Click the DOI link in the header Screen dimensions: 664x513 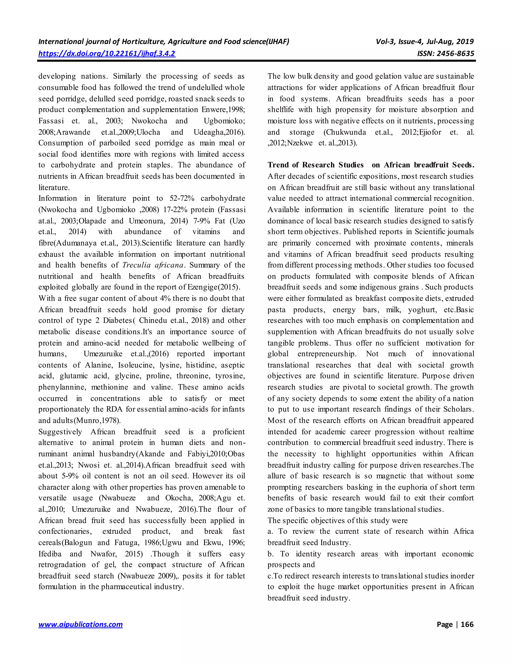click(x=107, y=54)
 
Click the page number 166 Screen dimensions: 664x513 click(x=467, y=624)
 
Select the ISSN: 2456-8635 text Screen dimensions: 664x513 click(x=446, y=54)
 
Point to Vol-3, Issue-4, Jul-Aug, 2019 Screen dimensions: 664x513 click(x=425, y=42)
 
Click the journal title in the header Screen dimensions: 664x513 click(x=164, y=42)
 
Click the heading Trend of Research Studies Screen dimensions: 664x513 click(x=315, y=165)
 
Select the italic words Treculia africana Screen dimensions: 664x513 click(x=153, y=265)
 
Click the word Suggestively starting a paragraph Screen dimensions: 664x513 click(x=60, y=432)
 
